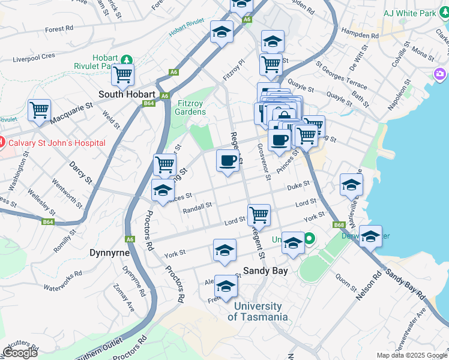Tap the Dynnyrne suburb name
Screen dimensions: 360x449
click(x=110, y=253)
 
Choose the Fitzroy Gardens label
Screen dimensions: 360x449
click(x=191, y=107)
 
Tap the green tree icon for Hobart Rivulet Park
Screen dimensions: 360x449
click(x=126, y=59)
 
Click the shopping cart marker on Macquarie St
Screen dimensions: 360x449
click(x=39, y=110)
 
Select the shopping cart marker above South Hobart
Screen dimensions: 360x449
click(x=122, y=74)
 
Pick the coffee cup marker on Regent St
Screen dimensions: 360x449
click(x=228, y=161)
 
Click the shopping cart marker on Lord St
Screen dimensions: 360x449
click(x=259, y=214)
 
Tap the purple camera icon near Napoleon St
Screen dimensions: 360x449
click(x=440, y=74)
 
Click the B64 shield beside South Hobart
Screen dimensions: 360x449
click(x=149, y=103)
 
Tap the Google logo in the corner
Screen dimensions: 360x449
click(x=20, y=353)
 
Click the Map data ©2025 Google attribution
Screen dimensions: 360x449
click(x=412, y=355)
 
